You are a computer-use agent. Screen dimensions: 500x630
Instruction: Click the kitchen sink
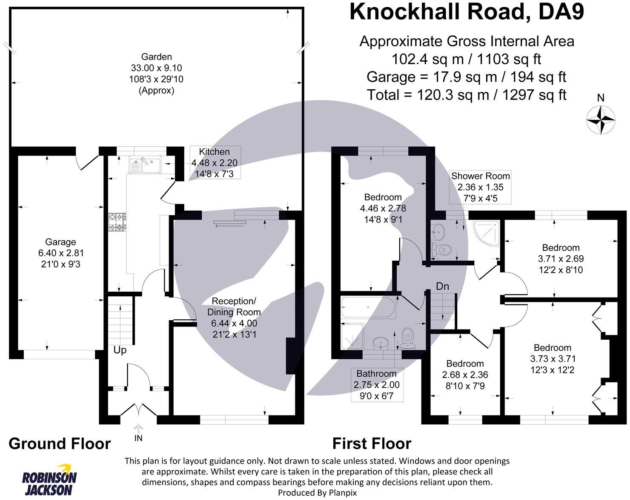(144, 165)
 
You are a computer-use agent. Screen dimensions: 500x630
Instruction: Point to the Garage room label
(60, 253)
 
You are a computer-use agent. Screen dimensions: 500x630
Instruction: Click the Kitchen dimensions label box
(214, 162)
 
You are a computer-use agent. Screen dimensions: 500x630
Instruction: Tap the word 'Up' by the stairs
(120, 350)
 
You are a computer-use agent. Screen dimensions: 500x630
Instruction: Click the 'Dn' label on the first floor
(442, 286)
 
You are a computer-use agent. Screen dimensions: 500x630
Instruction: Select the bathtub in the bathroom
(368, 307)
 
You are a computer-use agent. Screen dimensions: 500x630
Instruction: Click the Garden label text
(157, 74)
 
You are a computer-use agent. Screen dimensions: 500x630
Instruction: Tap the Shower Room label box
(480, 187)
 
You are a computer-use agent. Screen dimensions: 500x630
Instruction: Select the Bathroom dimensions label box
(376, 385)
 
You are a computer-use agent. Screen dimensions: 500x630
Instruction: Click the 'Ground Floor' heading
(60, 444)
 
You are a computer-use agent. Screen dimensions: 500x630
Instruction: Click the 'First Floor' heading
(372, 444)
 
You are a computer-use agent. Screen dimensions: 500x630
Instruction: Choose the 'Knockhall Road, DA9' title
(467, 12)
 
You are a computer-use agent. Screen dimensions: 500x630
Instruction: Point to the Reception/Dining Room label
(234, 318)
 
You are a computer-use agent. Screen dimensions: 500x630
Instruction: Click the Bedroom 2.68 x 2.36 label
(464, 375)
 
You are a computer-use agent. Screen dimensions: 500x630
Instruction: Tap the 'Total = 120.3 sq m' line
(467, 95)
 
